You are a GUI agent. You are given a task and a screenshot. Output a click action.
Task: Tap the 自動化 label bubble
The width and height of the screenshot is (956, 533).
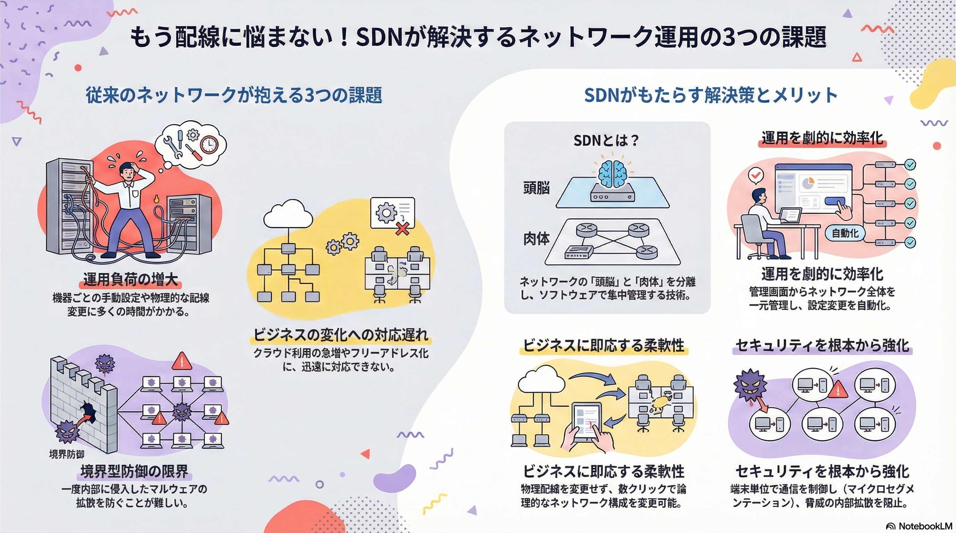(x=845, y=233)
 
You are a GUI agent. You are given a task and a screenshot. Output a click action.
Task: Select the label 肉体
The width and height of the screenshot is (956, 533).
(x=536, y=239)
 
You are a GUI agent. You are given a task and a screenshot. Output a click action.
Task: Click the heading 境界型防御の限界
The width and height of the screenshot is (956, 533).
(x=134, y=472)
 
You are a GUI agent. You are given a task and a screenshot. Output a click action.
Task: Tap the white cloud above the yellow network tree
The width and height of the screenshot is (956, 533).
(x=288, y=215)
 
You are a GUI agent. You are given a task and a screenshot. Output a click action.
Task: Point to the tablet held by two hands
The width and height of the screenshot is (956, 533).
(x=586, y=422)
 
